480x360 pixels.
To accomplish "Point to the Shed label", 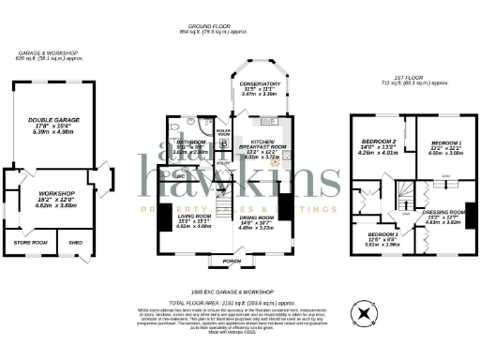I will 75,244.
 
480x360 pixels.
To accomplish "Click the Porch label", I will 229,261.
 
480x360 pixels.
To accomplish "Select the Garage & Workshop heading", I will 47,53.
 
